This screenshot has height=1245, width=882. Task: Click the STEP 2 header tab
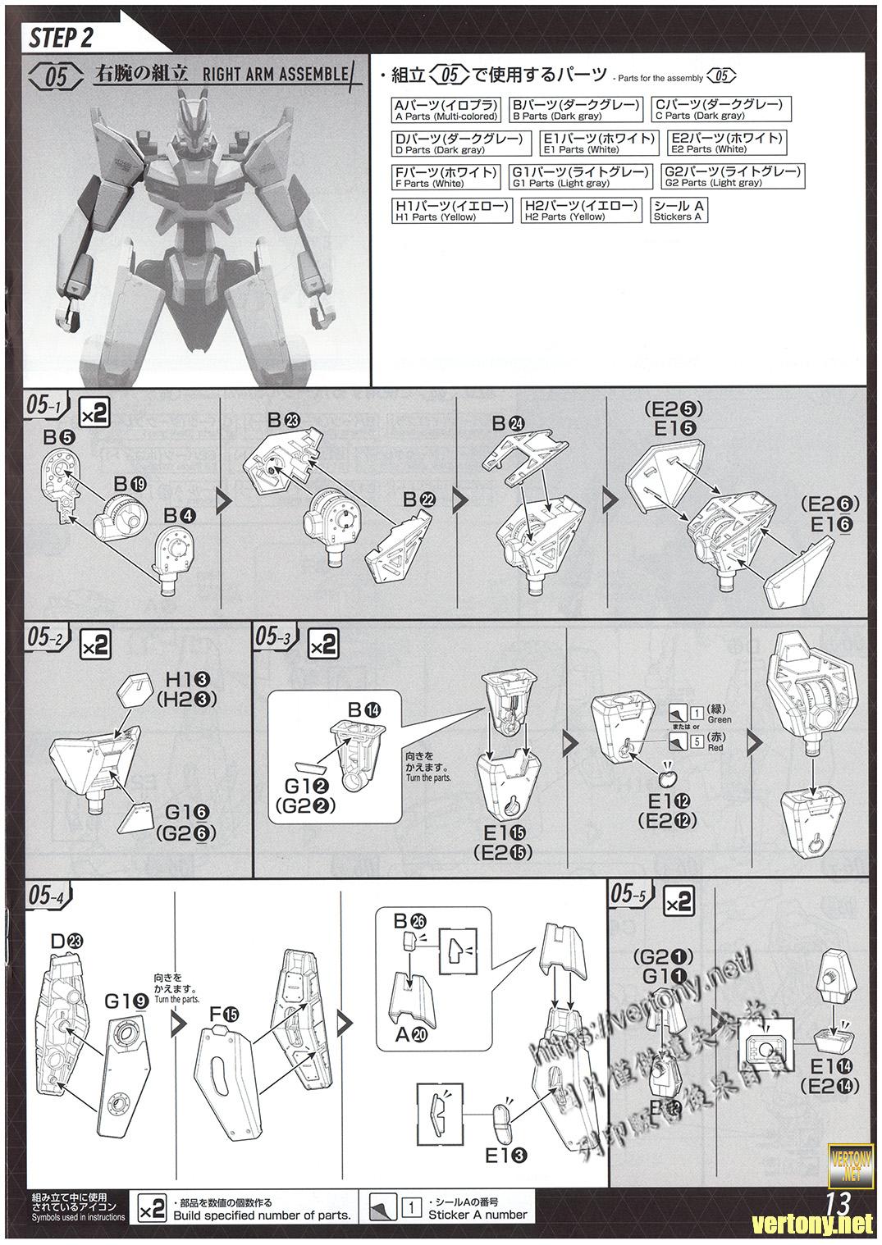[x=62, y=37]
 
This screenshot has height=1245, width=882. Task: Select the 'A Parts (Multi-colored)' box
[x=446, y=109]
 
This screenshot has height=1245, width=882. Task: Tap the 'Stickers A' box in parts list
[x=678, y=211]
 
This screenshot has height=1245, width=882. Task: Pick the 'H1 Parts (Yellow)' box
[x=451, y=211]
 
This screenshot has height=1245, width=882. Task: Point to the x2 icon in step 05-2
[x=95, y=645]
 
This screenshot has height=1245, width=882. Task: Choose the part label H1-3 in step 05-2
[x=189, y=680]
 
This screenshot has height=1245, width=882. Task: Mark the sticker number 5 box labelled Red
[x=697, y=742]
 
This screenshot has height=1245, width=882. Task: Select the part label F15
[x=223, y=1015]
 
